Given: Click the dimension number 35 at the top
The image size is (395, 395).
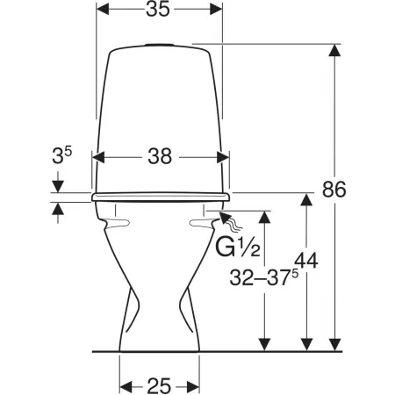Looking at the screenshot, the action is pos(158,9).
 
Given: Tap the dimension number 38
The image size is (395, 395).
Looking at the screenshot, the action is pos(160,156).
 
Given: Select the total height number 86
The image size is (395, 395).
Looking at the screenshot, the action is pos(334,190).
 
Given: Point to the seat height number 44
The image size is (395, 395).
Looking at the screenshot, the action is pos(306,261).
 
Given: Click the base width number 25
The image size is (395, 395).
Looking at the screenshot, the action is pos(159,386).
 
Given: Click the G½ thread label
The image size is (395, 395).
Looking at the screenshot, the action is pos(238,248).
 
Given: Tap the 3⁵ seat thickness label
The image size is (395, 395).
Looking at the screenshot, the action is pos(62,154).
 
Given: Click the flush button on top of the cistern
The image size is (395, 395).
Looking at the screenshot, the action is pos(160,45).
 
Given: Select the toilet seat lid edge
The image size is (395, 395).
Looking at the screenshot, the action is pos(161,197).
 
